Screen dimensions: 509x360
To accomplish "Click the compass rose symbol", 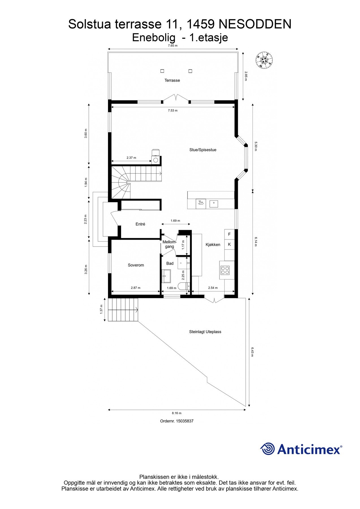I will (x=265, y=60).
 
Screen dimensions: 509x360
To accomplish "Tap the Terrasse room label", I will (x=172, y=80).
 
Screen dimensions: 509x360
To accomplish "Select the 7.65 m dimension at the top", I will (x=173, y=46).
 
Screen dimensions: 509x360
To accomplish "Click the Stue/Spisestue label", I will (x=203, y=150).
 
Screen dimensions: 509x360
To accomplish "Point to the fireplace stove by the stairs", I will (x=155, y=157).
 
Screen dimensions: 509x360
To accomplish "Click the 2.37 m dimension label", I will (x=131, y=158).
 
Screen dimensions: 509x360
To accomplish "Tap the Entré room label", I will (x=140, y=224).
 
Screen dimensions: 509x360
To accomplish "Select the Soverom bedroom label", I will (x=136, y=265).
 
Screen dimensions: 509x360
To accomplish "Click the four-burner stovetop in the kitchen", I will (x=225, y=270).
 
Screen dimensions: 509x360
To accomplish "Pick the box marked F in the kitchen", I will (x=229, y=234).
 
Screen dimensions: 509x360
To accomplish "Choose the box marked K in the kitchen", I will (x=229, y=244).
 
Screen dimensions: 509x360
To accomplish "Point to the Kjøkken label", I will (x=213, y=245).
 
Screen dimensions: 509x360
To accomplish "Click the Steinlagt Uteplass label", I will (x=205, y=332).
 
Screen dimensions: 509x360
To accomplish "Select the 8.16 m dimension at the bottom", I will (x=176, y=413).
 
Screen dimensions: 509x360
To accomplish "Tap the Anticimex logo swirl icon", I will (x=268, y=449).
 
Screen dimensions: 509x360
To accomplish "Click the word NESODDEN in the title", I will (x=255, y=24).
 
